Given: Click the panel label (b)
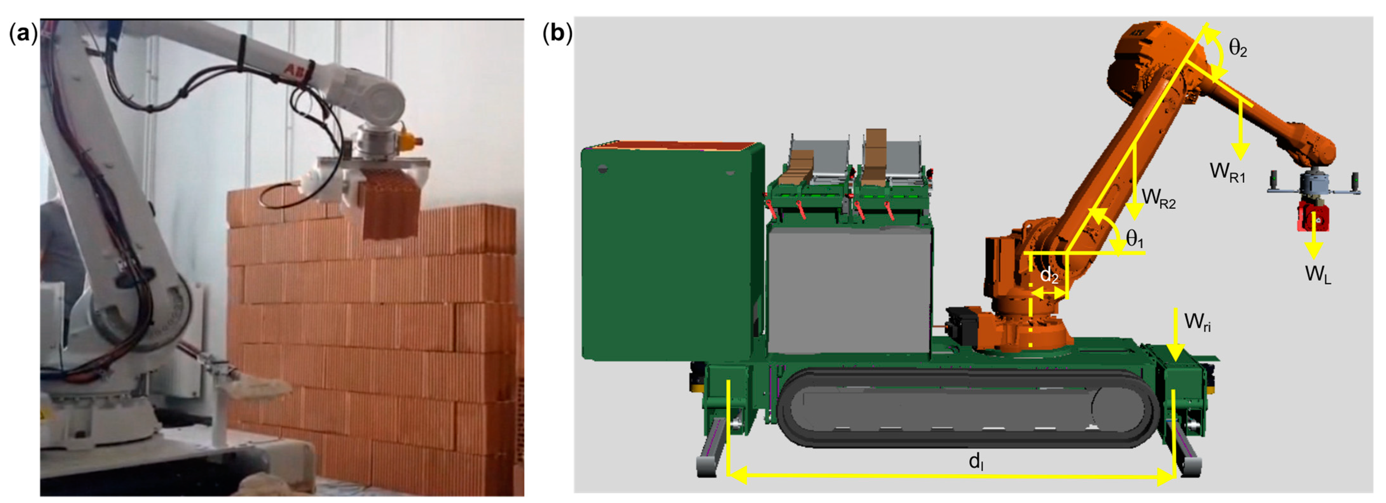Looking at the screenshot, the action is (557, 33).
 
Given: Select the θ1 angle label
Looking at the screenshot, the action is (1134, 238).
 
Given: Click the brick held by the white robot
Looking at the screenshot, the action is (392, 204).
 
